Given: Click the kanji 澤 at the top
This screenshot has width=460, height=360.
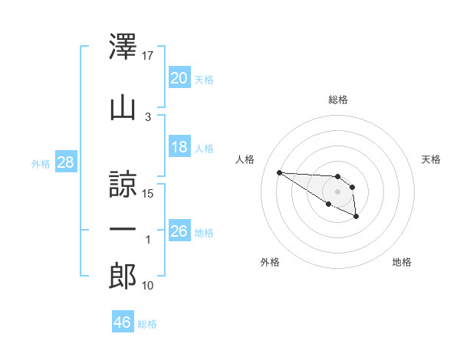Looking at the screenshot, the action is click(123, 46).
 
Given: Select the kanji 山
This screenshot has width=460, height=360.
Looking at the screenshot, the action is click(123, 109).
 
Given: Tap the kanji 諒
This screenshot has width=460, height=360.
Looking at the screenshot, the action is click(123, 184).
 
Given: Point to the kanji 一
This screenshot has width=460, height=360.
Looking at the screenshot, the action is click(123, 229).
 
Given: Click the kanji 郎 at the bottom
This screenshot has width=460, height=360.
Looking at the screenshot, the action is click(123, 276).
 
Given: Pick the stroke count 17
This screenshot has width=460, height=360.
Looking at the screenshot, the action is click(147, 56).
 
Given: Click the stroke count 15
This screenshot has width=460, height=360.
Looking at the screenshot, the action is click(147, 194).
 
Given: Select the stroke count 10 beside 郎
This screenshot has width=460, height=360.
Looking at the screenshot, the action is click(147, 286).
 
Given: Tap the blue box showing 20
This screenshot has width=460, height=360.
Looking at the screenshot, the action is click(179, 77).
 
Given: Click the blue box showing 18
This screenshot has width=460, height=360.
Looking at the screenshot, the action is click(179, 146).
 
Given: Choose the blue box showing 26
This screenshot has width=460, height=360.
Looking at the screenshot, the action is click(179, 230).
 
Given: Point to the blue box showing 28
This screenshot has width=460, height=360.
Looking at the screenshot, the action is click(66, 162).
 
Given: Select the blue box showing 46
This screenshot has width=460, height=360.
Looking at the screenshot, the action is click(123, 321).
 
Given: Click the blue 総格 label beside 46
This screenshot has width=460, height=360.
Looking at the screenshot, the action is click(147, 324).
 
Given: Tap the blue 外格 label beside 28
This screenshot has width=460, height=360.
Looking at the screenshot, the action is click(41, 164).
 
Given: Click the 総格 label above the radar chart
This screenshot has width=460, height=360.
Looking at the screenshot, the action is click(338, 100).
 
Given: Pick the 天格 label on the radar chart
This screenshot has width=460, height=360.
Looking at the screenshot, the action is click(431, 159).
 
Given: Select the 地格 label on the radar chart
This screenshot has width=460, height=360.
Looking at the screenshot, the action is click(402, 262).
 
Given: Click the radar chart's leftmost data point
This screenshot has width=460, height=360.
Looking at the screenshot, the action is click(280, 172).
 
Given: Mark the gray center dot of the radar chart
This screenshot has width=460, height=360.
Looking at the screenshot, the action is click(337, 191).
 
